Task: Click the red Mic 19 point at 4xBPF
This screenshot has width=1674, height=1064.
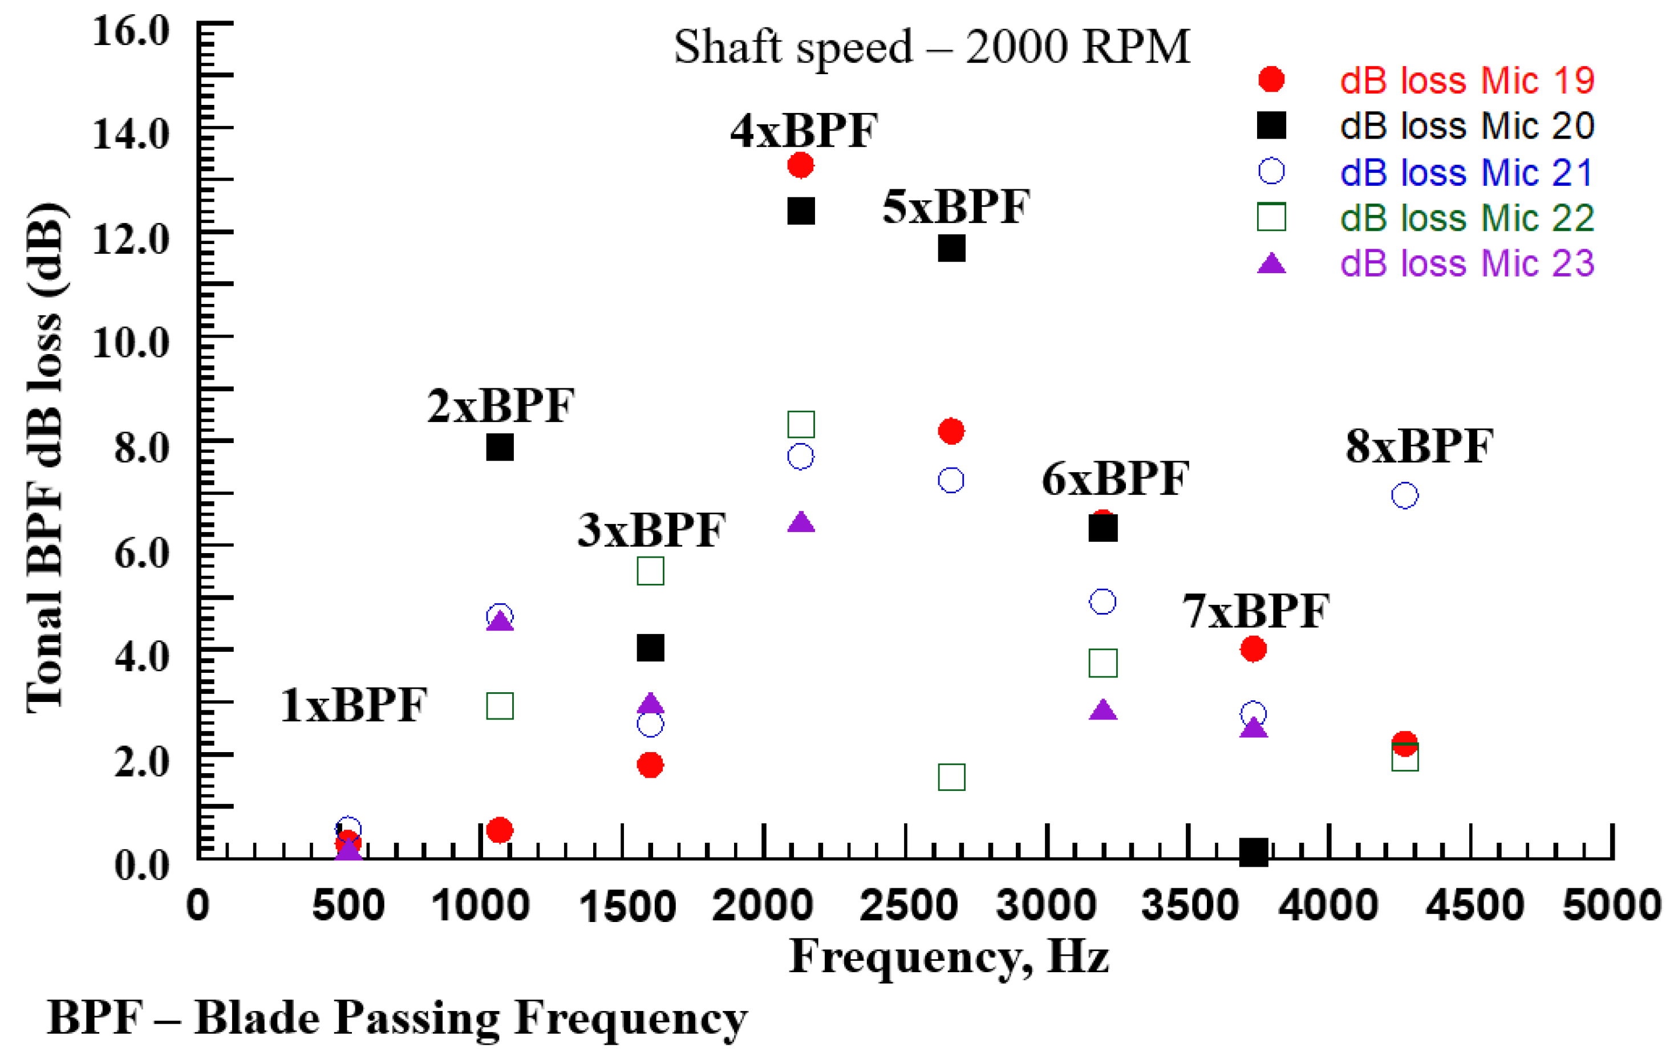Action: pos(800,165)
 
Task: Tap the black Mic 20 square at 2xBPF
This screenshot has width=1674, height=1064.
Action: pos(500,448)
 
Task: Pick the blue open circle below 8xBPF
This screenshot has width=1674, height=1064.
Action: pos(1404,496)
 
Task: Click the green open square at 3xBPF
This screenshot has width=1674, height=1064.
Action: pos(650,571)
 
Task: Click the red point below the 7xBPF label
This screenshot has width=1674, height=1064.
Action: pos(1253,649)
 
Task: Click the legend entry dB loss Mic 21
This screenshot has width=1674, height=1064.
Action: pos(1466,172)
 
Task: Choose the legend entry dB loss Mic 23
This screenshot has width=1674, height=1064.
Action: pos(1466,263)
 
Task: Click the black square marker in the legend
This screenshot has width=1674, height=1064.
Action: pos(1271,126)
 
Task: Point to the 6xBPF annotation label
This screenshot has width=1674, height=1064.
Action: pos(1115,479)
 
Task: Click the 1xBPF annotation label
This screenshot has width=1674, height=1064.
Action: pos(354,705)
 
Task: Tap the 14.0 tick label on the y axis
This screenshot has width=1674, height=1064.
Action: pos(131,133)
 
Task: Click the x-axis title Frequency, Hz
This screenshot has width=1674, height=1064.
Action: pos(949,957)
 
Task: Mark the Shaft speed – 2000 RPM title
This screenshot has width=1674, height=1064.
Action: pos(931,47)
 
